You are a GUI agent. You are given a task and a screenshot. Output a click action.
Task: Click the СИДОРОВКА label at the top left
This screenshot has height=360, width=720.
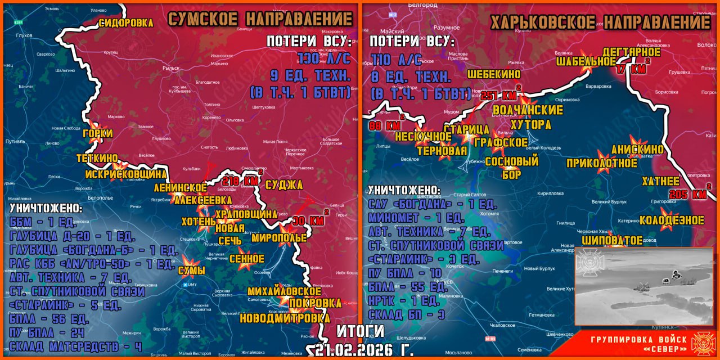126,23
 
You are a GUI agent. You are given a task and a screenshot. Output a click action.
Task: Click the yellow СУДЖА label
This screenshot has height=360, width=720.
284,185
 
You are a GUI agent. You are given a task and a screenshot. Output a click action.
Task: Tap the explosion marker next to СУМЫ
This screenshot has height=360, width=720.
188,262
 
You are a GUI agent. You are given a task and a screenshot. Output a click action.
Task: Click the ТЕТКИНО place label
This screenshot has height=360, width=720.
97,159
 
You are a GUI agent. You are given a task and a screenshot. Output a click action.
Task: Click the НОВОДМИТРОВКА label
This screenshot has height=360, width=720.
285,318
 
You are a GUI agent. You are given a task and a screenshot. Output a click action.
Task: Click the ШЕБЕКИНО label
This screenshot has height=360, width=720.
494,74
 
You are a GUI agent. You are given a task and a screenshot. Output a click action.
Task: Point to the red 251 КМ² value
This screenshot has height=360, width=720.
498,95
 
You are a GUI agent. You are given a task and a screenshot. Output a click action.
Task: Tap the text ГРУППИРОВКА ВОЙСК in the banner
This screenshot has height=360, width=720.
638,339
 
